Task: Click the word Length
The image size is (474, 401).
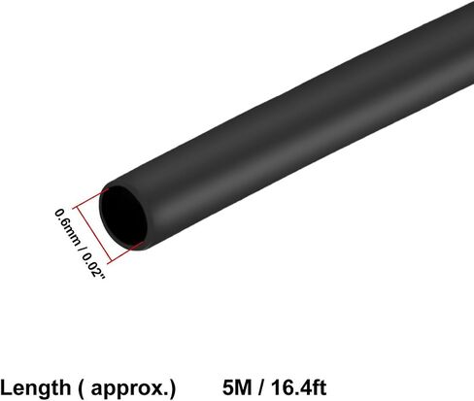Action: tap(35, 387)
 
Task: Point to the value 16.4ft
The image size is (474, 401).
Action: tap(299, 387)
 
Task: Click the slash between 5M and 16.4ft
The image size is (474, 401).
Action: tap(261, 387)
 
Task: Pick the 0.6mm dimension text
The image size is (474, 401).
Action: tap(67, 227)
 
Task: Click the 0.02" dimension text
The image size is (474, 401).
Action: tap(93, 266)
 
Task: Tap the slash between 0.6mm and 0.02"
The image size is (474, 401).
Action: tap(81, 250)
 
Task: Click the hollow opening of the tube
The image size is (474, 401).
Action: tap(123, 216)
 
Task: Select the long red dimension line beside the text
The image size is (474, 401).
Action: tap(92, 234)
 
